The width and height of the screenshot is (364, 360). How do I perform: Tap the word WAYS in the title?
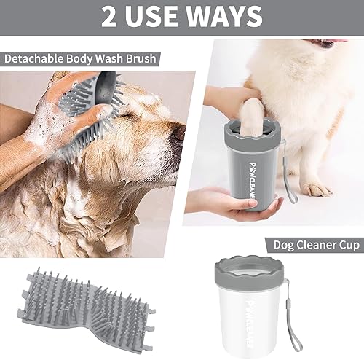(x=226, y=15)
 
